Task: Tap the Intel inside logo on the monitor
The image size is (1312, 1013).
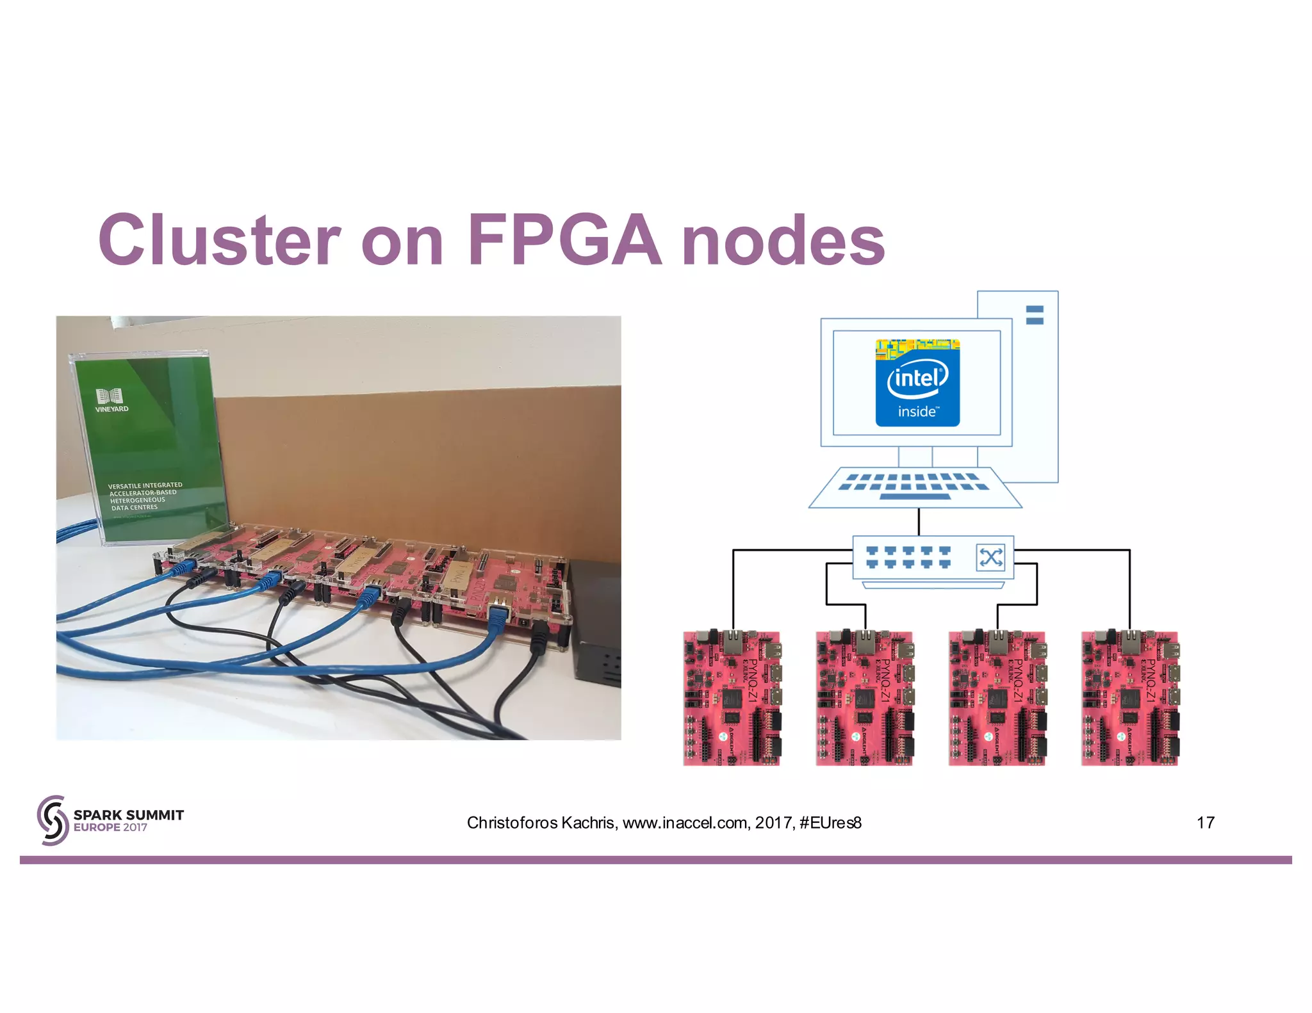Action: tap(917, 383)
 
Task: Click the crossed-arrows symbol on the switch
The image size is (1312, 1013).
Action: tap(990, 557)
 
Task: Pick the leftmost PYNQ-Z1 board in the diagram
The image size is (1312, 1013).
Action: tap(732, 698)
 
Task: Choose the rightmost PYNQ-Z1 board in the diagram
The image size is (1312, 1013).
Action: tap(1130, 698)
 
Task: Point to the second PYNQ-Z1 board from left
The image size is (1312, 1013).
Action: tap(864, 698)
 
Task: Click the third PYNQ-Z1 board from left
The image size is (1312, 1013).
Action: tap(997, 698)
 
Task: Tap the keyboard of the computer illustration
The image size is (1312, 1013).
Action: tap(915, 488)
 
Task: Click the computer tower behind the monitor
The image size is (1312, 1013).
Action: tap(1034, 384)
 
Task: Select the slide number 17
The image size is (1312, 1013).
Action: tap(1205, 823)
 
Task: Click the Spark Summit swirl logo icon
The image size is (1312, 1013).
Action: tap(53, 820)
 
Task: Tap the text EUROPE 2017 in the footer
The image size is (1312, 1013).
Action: tap(110, 827)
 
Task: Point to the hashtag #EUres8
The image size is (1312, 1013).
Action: tap(830, 823)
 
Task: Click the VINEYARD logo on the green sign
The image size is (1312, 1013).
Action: tap(111, 400)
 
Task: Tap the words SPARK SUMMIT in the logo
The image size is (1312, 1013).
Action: tap(128, 814)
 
